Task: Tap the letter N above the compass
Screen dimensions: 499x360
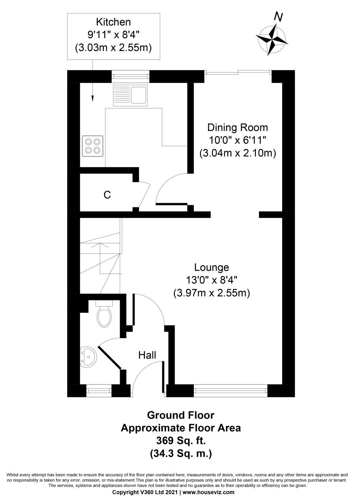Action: click(279, 17)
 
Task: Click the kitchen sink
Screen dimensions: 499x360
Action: click(130, 95)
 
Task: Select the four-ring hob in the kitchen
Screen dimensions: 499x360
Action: click(93, 146)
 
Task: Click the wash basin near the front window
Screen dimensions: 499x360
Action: click(87, 357)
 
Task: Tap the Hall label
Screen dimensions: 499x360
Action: click(147, 355)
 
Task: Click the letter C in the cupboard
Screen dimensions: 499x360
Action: click(107, 195)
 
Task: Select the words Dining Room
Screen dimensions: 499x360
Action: click(238, 127)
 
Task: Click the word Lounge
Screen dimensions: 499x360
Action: click(212, 268)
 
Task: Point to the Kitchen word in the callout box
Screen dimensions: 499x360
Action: click(114, 22)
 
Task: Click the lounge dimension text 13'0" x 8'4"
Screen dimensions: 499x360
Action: click(212, 280)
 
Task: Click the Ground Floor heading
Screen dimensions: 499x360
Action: click(181, 415)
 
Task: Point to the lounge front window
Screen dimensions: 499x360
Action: click(230, 390)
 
